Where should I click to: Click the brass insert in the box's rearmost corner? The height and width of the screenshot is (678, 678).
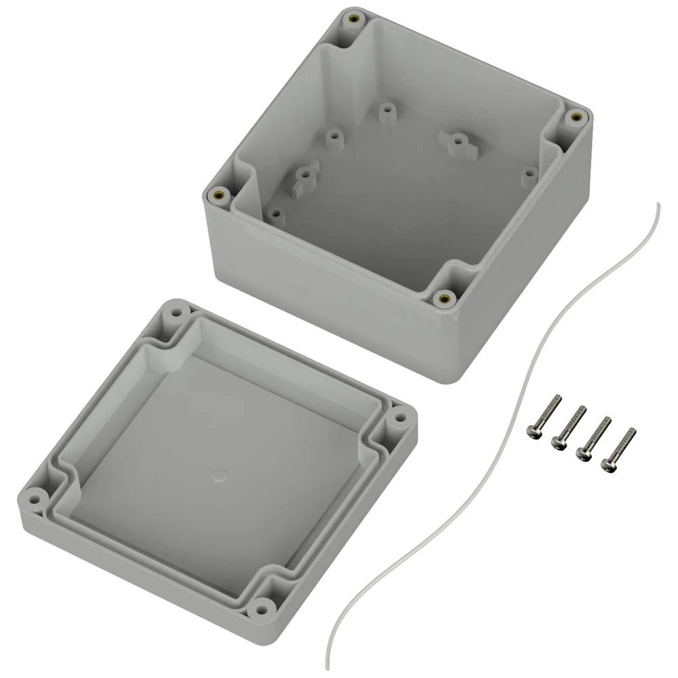click(351, 19)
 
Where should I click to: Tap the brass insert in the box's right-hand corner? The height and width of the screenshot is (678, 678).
click(576, 117)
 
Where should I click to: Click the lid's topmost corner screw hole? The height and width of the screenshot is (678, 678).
click(175, 315)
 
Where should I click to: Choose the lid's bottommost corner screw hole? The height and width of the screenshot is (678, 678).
click(260, 608)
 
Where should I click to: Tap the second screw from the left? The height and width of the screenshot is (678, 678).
click(569, 427)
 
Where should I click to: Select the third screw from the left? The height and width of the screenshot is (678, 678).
click(593, 438)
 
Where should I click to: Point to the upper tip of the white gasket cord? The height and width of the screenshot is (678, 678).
click(658, 203)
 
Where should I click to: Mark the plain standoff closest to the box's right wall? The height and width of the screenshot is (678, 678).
click(528, 176)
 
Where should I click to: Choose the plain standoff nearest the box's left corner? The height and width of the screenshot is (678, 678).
click(275, 215)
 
